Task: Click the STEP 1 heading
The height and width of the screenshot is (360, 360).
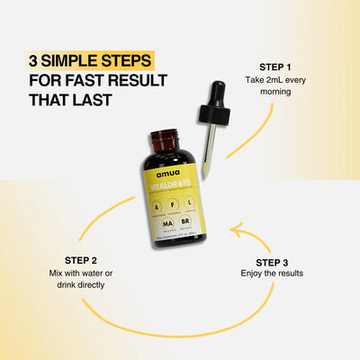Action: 275,67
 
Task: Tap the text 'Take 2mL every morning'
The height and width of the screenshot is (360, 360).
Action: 275,87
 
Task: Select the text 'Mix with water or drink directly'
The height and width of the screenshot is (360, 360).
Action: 80,277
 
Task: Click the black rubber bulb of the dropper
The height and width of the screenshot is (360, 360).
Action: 218,94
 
